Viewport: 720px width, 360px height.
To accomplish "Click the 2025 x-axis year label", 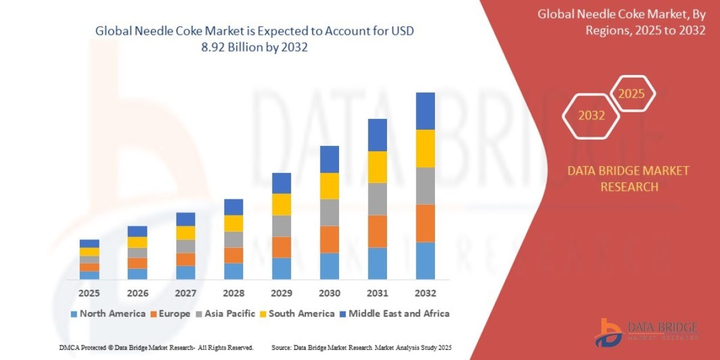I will point(89,293).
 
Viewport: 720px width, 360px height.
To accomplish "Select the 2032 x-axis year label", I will point(425,293).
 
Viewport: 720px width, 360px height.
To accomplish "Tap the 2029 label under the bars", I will point(281,293).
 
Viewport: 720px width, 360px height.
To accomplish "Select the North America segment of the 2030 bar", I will point(329,266).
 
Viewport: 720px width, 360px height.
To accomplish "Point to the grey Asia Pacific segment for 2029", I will point(281,226).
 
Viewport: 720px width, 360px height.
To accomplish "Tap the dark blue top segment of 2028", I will point(233,207).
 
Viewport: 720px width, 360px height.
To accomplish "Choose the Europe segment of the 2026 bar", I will point(137,263).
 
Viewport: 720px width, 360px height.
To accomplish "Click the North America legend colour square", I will point(74,314).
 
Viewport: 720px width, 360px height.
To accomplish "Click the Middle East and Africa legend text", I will point(399,314).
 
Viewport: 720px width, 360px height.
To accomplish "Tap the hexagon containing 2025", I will point(631,94).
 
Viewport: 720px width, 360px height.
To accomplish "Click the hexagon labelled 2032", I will point(591,115).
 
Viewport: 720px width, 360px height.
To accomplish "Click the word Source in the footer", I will point(281,347).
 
